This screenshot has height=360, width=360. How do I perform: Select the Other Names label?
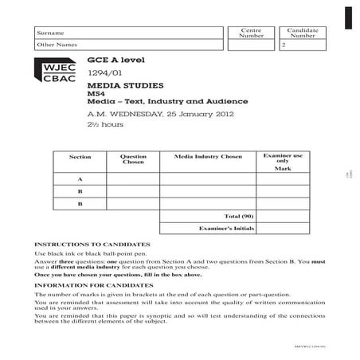pos(54,45)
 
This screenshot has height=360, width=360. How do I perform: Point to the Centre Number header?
pos(251,33)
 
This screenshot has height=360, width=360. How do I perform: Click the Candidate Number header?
pos(303,33)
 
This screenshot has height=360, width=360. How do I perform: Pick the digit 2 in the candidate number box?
pos(283,45)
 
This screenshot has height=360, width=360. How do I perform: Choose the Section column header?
pos(80,157)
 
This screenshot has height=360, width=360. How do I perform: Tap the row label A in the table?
pos(80,179)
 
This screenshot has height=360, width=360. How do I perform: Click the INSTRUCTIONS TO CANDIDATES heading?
pos(92,244)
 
